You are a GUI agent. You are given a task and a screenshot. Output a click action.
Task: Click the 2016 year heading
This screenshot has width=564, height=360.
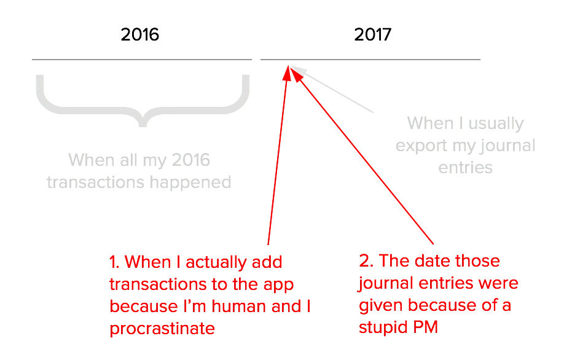pyautogui.click(x=139, y=34)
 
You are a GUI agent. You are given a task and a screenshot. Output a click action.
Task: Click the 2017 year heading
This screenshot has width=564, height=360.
pyautogui.click(x=373, y=34)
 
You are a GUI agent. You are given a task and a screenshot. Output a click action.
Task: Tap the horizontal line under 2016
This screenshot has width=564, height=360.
pyautogui.click(x=142, y=60)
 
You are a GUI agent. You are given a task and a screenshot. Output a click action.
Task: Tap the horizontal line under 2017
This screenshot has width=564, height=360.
pyautogui.click(x=370, y=60)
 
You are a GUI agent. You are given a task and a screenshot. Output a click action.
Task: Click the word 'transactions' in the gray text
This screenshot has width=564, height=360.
pyautogui.click(x=96, y=182)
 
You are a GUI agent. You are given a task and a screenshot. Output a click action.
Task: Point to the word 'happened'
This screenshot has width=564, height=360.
pyautogui.click(x=190, y=183)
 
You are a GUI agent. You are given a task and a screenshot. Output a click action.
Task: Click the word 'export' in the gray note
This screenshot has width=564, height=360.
pyautogui.click(x=421, y=146)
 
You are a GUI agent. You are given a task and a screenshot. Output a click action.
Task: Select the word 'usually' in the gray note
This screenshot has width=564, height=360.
pyautogui.click(x=496, y=123)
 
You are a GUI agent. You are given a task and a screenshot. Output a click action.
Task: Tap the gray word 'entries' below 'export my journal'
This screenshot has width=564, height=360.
pyautogui.click(x=466, y=168)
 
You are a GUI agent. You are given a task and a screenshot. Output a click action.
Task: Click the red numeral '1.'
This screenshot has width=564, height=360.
pyautogui.click(x=115, y=262)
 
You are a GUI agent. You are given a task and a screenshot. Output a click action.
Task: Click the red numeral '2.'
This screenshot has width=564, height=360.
pyautogui.click(x=366, y=260)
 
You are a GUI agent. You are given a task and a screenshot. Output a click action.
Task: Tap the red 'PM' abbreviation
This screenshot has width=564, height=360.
pyautogui.click(x=426, y=327)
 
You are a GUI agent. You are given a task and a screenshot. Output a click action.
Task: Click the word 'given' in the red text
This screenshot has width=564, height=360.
pyautogui.click(x=381, y=306)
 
